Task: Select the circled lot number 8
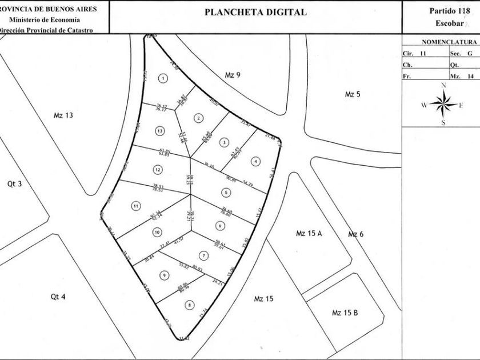pos(189,305)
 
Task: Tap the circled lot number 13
pos(159,131)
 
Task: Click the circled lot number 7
pos(203,255)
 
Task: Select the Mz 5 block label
pos(353,94)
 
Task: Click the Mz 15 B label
pos(345,313)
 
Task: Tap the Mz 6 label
pos(356,234)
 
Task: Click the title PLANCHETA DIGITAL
pos(255,12)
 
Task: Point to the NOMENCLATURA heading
pos(449,42)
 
